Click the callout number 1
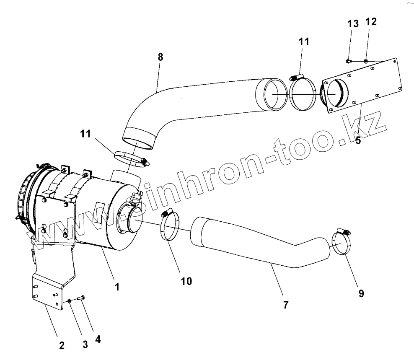(117, 287)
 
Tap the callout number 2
(62, 346)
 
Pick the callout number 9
(361, 293)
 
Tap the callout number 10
(186, 281)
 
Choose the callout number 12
(371, 22)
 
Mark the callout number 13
(353, 23)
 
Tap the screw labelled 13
(349, 61)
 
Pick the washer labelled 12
(366, 61)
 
